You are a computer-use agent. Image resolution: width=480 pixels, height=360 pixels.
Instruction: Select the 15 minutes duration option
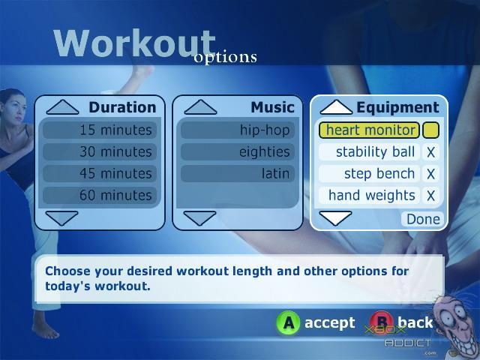pyautogui.click(x=100, y=130)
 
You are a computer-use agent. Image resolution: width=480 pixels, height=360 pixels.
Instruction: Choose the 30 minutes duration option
pyautogui.click(x=100, y=151)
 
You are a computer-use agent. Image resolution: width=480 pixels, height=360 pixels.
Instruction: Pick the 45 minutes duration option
pyautogui.click(x=100, y=173)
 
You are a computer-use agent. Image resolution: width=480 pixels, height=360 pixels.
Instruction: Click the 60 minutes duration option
pyautogui.click(x=100, y=195)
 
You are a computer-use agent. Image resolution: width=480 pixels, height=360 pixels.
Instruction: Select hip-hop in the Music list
pyautogui.click(x=238, y=130)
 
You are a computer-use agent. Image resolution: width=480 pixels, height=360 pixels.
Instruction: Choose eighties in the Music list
pyautogui.click(x=238, y=151)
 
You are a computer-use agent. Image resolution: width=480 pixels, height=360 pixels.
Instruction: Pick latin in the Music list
pyautogui.click(x=238, y=173)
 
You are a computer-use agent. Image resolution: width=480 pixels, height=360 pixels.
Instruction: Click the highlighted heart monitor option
pyautogui.click(x=369, y=130)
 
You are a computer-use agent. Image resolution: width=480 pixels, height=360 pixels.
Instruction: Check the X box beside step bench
pyautogui.click(x=430, y=174)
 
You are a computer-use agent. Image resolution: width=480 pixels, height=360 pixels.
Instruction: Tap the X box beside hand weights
pyautogui.click(x=430, y=196)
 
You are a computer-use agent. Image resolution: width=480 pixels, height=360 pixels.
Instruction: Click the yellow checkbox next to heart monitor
pyautogui.click(x=430, y=130)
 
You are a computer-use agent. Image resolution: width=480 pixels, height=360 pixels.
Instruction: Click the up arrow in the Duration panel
pyautogui.click(x=62, y=107)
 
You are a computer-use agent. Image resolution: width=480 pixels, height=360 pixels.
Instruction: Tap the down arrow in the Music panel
pyautogui.click(x=200, y=218)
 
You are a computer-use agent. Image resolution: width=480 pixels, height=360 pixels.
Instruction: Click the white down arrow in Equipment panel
pyautogui.click(x=335, y=218)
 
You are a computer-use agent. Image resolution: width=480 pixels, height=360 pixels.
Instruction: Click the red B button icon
pyautogui.click(x=381, y=322)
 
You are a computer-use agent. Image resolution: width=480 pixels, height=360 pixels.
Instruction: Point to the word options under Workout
pyautogui.click(x=225, y=57)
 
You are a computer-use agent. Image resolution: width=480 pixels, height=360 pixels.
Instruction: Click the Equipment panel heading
pyautogui.click(x=398, y=107)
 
